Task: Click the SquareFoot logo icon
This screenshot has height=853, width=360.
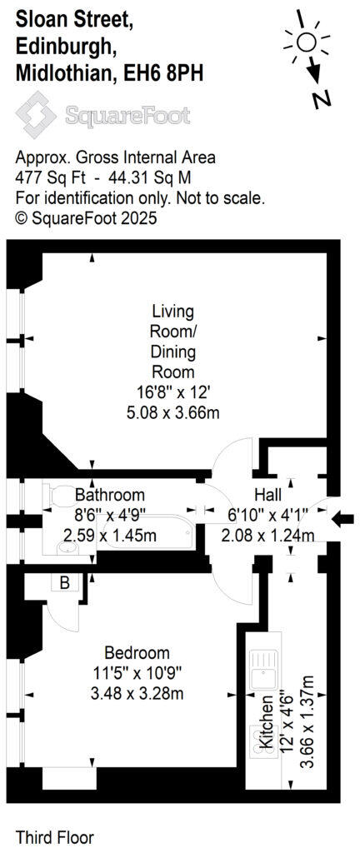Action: click(36, 114)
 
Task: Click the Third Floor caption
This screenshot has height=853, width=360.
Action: click(55, 836)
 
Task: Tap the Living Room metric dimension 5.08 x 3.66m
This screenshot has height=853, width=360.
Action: click(172, 412)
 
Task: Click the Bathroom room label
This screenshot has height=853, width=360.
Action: click(109, 495)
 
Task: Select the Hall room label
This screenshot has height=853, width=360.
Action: click(268, 495)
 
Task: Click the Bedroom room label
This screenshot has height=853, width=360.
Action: click(137, 652)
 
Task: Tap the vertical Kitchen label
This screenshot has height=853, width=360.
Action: click(267, 723)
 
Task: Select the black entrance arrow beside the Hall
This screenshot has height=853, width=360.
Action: click(342, 520)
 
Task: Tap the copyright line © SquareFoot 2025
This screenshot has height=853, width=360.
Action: click(87, 218)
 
